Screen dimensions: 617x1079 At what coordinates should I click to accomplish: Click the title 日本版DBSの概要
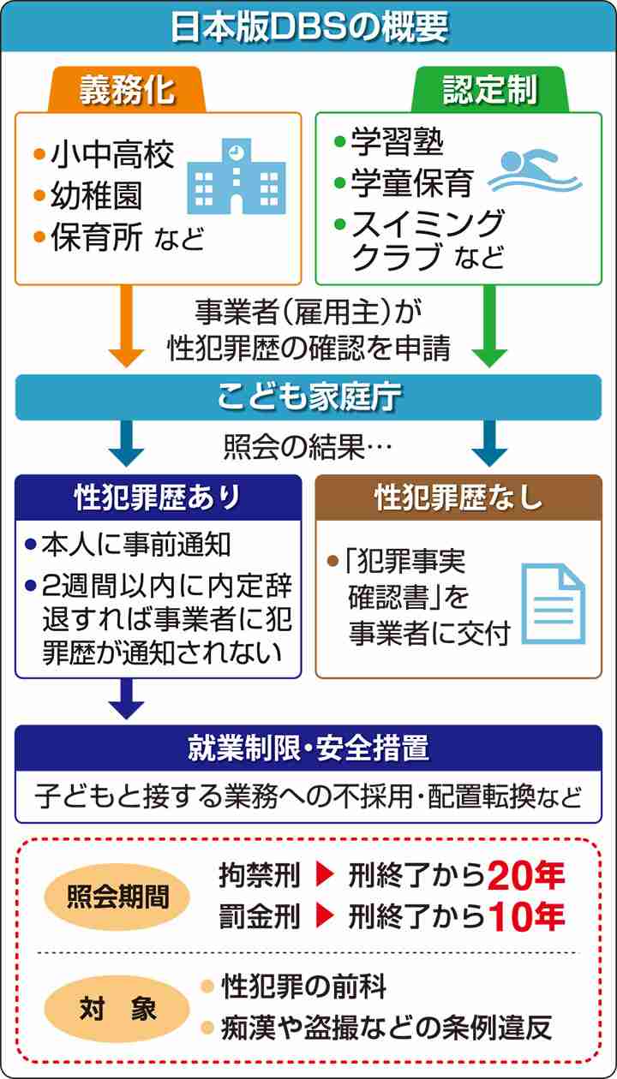309,27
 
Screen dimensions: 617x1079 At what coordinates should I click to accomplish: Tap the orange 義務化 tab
127,90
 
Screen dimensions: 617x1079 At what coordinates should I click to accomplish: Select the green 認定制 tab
490,90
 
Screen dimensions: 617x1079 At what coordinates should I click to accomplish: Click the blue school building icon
237,176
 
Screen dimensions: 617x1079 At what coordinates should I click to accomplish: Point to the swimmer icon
535,171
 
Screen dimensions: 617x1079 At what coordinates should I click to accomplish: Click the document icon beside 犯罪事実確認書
554,604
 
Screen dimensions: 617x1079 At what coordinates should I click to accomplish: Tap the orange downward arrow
126,326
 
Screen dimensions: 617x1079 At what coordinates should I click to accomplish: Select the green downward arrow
489,326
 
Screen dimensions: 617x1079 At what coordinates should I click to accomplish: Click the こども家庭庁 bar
308,397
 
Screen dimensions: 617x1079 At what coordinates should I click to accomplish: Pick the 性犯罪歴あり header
158,497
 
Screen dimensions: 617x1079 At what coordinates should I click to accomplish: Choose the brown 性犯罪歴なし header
458,497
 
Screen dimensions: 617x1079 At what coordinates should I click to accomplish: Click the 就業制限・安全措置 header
308,748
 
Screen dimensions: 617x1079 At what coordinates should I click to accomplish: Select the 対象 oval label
117,1008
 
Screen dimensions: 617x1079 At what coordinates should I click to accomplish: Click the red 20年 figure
526,875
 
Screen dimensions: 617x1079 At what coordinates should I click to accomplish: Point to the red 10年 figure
526,916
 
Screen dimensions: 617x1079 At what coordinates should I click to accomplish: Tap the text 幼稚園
96,195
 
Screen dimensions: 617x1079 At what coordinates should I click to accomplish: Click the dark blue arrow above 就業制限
126,699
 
